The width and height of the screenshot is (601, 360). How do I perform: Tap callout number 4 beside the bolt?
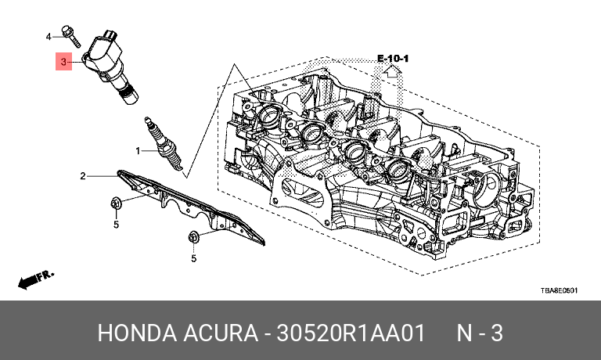click(x=49, y=36)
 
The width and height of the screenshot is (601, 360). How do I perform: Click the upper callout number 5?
click(x=115, y=225)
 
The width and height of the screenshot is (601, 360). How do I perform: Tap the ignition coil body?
click(x=110, y=59)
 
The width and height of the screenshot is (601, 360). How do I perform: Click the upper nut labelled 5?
click(x=115, y=205)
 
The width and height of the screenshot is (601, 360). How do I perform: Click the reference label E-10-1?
click(x=394, y=59)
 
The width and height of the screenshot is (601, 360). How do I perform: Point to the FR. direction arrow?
click(x=35, y=278)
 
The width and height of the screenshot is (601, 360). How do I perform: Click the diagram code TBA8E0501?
click(x=559, y=290)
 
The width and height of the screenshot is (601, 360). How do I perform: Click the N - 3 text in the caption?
click(x=480, y=333)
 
